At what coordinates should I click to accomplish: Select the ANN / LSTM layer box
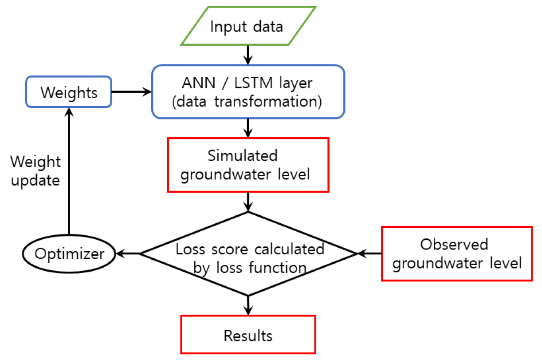click(x=248, y=92)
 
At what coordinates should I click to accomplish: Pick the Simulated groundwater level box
click(x=248, y=165)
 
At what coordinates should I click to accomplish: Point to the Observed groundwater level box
click(x=456, y=254)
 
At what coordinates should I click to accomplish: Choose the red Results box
click(x=248, y=335)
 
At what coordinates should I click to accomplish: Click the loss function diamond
click(x=248, y=254)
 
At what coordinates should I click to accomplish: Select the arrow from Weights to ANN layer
click(x=131, y=92)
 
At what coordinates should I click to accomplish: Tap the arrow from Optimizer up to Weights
click(x=69, y=173)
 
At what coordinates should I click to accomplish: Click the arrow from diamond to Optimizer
click(x=129, y=254)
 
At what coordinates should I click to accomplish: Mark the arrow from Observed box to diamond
click(x=369, y=254)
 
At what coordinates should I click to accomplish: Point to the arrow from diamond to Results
click(x=248, y=305)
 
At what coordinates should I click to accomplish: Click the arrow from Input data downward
click(x=248, y=55)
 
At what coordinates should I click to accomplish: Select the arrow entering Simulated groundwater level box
click(x=248, y=128)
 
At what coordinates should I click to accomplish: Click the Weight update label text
click(x=35, y=171)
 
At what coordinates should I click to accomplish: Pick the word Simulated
click(x=243, y=156)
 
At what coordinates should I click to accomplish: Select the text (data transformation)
click(x=247, y=102)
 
